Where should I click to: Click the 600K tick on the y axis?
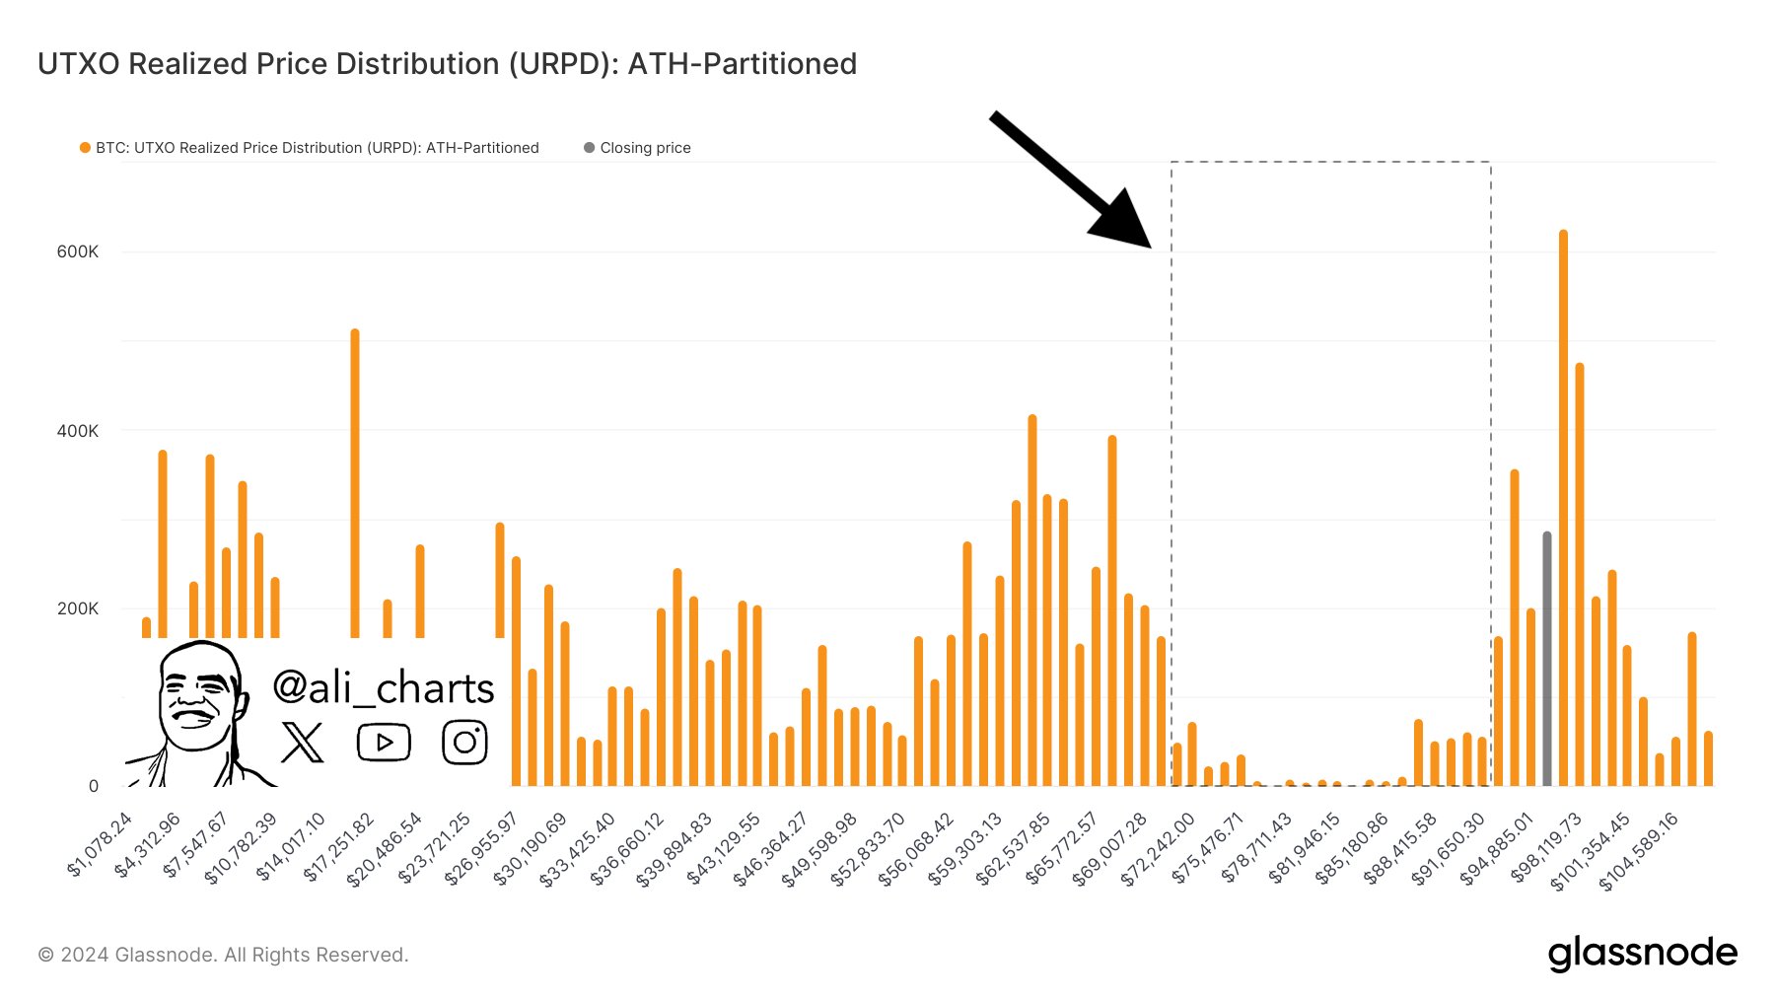pyautogui.click(x=78, y=251)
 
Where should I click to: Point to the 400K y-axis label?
pyautogui.click(x=78, y=431)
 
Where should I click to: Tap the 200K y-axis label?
pyautogui.click(x=78, y=608)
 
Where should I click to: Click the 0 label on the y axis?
pyautogui.click(x=94, y=786)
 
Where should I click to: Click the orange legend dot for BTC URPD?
pyautogui.click(x=85, y=148)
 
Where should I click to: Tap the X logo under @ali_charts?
pyautogui.click(x=302, y=743)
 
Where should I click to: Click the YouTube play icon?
pyautogui.click(x=384, y=743)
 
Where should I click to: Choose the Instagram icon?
pyautogui.click(x=464, y=743)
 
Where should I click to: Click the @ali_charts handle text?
pyautogui.click(x=383, y=687)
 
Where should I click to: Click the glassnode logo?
pyautogui.click(x=1642, y=954)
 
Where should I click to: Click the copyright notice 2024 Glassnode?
pyautogui.click(x=223, y=955)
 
